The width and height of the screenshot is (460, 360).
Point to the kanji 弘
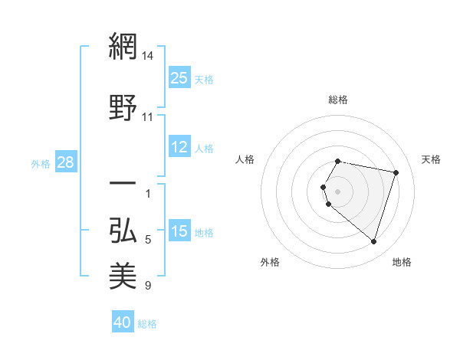point(123,230)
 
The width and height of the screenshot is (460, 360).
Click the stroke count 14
point(148,56)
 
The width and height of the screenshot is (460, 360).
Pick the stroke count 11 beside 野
point(148,117)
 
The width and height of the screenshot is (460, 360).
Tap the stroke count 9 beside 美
point(148,286)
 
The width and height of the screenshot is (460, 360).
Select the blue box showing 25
point(179,77)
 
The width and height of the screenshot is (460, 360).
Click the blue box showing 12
point(179,147)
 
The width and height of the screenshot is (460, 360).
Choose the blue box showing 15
point(179,231)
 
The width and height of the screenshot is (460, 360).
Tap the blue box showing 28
point(65,162)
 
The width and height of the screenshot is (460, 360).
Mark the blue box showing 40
point(123,322)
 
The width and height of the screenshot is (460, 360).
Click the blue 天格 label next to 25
point(204,79)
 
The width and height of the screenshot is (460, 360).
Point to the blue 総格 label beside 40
point(147,324)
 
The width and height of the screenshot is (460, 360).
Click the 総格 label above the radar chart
point(338,100)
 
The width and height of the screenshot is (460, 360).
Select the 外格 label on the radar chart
point(270,263)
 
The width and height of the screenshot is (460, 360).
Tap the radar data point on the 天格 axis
point(396,173)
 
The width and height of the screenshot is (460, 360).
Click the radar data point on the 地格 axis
point(373,242)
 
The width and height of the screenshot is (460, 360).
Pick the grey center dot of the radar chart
point(338,191)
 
